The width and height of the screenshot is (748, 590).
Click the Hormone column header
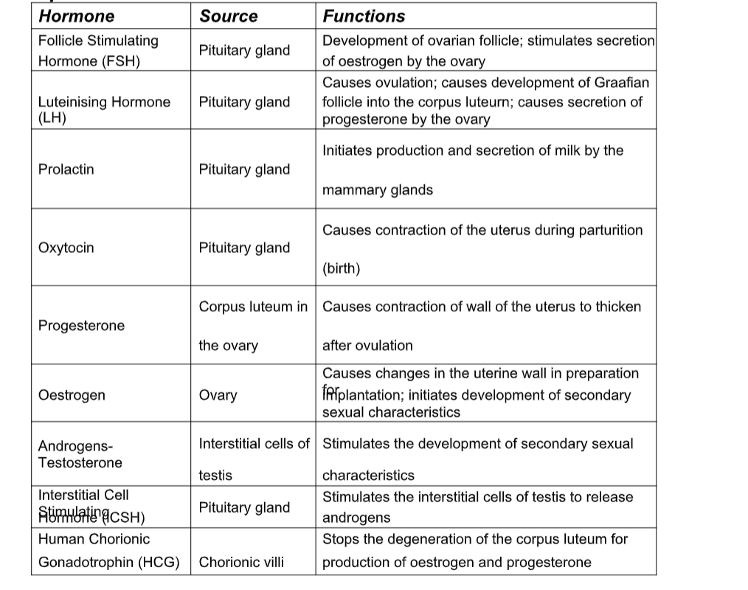coord(76,16)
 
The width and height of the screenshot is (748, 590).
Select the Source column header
coord(229,16)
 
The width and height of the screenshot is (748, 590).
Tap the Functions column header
coord(364,16)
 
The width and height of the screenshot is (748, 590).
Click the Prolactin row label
coord(66,170)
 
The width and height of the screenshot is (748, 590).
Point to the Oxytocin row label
coord(66,248)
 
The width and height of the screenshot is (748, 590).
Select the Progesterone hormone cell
coord(81,326)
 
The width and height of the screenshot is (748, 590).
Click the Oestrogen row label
coord(72,395)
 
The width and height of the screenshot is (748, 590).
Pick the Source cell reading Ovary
coord(218,395)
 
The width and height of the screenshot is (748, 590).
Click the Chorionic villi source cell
coord(241,563)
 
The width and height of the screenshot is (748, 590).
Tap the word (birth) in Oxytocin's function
coord(342,268)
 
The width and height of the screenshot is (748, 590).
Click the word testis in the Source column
coord(215,476)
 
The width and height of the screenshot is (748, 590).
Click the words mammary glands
coord(378,190)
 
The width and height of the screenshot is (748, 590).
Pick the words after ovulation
coord(367,345)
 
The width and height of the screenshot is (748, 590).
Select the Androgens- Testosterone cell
coord(80,454)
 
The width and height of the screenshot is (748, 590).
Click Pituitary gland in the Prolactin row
coord(244,170)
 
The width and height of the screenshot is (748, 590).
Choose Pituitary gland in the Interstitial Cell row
coord(244,507)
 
